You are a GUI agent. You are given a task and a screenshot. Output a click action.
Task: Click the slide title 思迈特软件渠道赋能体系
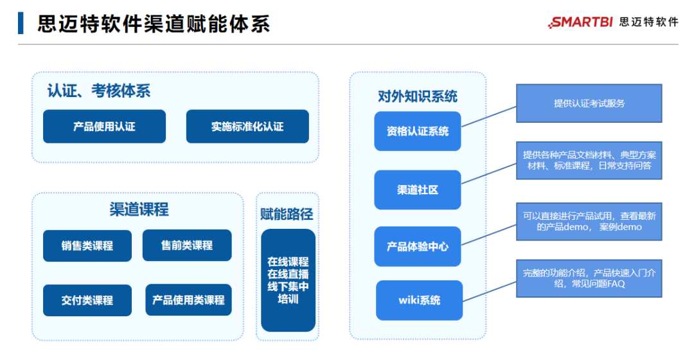[154, 23]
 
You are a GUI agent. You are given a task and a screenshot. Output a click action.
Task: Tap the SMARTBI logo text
[582, 22]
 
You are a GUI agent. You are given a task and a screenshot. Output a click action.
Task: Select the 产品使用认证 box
[104, 127]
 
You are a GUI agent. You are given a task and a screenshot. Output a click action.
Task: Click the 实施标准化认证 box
[247, 127]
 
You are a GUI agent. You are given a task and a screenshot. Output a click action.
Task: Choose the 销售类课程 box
[87, 246]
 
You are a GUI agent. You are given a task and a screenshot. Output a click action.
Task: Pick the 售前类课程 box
[187, 245]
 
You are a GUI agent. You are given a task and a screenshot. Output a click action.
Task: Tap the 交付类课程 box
[87, 300]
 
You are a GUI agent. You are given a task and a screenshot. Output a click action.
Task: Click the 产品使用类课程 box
[188, 300]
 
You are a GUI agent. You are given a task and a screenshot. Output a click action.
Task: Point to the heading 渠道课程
[139, 209]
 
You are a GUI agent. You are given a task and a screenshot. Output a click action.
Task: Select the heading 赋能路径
[287, 214]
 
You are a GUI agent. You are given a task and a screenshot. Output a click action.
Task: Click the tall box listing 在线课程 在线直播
[288, 280]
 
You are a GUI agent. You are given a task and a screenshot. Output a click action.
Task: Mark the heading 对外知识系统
[418, 96]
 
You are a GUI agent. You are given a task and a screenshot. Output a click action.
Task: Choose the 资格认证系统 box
[418, 131]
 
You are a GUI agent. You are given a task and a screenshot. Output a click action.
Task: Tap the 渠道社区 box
[418, 190]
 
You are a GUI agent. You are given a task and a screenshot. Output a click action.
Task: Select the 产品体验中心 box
[418, 246]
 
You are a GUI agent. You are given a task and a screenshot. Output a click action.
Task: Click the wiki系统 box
[419, 300]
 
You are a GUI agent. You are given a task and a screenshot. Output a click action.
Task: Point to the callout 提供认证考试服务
[589, 103]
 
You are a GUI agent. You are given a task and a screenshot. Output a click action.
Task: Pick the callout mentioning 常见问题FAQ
[589, 278]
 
